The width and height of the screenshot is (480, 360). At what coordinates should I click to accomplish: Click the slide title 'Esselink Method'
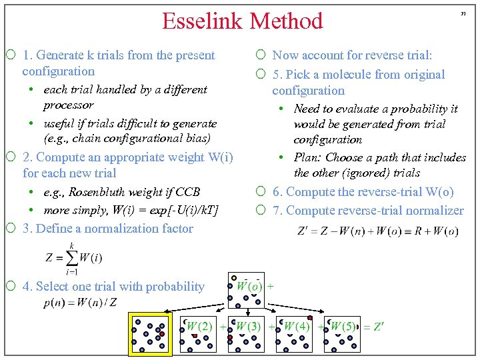click(243, 21)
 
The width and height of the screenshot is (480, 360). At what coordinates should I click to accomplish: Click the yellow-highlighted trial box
click(151, 335)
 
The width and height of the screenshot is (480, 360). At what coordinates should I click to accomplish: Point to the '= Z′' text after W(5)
click(373, 327)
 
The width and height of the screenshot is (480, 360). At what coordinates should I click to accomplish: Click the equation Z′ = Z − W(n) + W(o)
click(377, 231)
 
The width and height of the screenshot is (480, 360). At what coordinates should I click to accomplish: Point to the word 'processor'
click(68, 105)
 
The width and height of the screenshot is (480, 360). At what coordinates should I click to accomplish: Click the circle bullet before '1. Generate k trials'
click(12, 55)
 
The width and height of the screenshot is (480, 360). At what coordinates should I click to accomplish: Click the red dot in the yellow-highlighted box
click(161, 333)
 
